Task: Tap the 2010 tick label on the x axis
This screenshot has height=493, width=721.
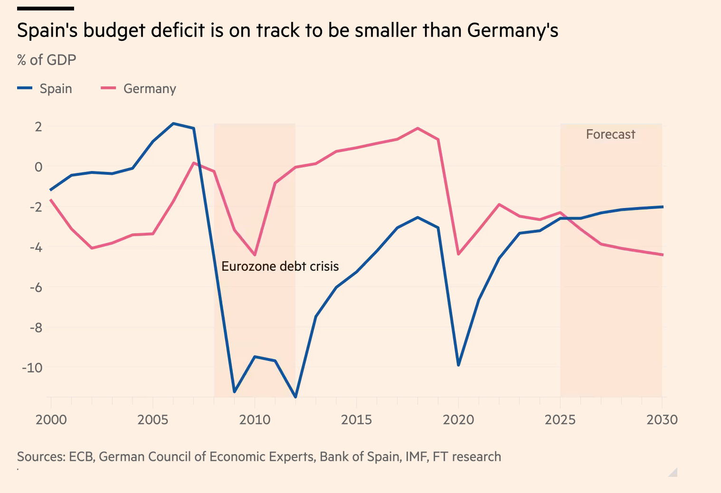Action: [255, 420]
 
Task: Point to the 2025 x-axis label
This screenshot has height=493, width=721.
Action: [560, 420]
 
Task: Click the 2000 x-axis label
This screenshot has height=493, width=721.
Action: [51, 420]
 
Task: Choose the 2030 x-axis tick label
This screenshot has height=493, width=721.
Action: [662, 420]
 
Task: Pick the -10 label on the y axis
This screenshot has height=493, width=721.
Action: [32, 368]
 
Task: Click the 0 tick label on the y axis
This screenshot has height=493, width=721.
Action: [38, 167]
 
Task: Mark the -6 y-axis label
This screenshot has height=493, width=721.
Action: [36, 287]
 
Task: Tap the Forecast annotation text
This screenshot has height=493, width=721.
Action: [610, 134]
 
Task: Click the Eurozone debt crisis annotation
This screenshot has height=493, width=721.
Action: [280, 266]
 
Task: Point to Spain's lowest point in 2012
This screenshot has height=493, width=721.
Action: [295, 397]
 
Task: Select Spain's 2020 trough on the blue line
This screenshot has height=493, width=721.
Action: [458, 365]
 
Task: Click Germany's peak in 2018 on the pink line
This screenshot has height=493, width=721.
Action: [417, 128]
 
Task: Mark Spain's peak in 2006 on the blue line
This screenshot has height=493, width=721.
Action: [173, 123]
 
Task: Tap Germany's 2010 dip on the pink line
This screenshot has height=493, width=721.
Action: [255, 255]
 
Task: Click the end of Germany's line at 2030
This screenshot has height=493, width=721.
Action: [662, 255]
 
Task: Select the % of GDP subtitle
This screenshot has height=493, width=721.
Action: [47, 60]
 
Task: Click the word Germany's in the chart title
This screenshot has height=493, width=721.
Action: [512, 30]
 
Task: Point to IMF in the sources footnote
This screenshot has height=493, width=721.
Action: [416, 457]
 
